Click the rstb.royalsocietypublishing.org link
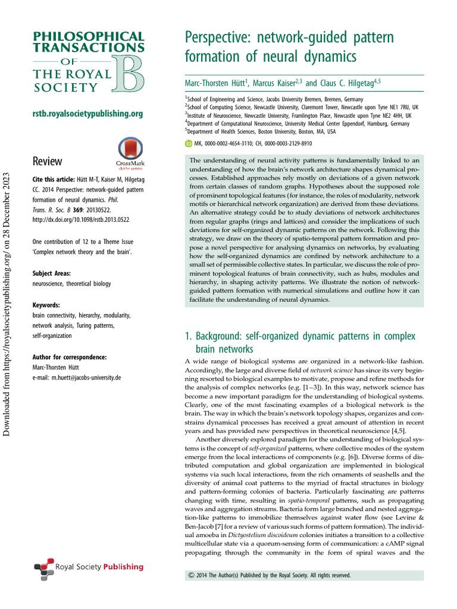[x=88, y=113]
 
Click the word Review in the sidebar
[x=48, y=161]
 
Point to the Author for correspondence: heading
[x=70, y=357]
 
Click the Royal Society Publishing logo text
[x=99, y=567]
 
